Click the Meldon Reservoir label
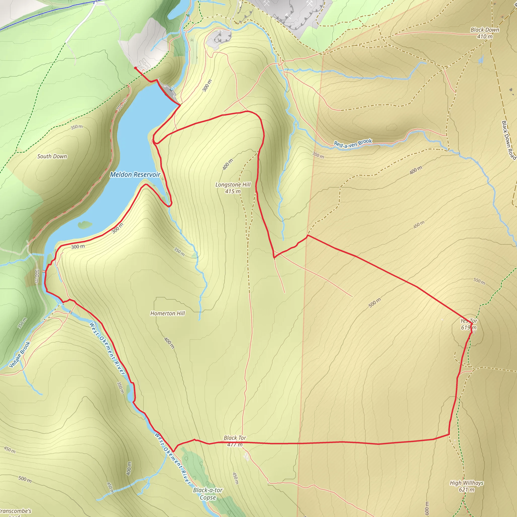coord(135,175)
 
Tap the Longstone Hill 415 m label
coord(233,188)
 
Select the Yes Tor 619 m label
coord(469,324)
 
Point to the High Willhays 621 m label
coord(467,486)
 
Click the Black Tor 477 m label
coord(235,441)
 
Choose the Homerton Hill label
coord(168,313)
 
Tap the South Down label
coord(52,156)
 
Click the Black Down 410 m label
coord(485,33)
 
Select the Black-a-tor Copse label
coord(208,494)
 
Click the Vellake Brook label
coord(19,355)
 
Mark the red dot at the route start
coord(135,68)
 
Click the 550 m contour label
coord(479,281)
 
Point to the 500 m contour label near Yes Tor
coord(374,303)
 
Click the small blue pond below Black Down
coord(481,59)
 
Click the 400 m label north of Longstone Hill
coord(228,164)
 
